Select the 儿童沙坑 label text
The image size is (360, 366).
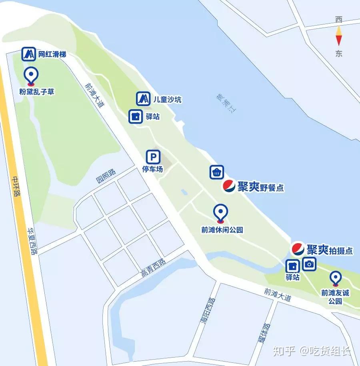(167, 99)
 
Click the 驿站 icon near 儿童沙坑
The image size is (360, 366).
(136, 116)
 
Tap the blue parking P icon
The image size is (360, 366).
(153, 156)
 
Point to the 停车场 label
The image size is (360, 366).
(153, 169)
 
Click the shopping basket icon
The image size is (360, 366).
(216, 172)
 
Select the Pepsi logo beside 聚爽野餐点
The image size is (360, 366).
(229, 186)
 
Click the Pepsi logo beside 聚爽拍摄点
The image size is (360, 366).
(298, 249)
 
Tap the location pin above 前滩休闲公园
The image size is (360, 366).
(220, 212)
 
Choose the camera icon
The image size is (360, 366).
(309, 264)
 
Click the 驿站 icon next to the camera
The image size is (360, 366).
(293, 266)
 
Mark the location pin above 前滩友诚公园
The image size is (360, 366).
(335, 278)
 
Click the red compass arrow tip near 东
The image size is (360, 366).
(339, 42)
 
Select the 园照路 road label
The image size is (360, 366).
(106, 176)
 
